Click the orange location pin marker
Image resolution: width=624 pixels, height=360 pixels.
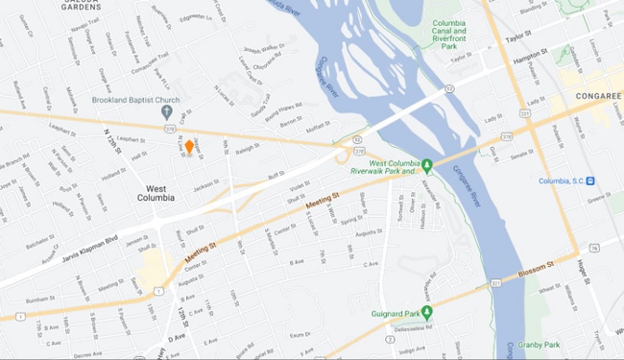pyautogui.click(x=190, y=147)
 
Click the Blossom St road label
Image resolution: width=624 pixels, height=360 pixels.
pyautogui.click(x=539, y=266)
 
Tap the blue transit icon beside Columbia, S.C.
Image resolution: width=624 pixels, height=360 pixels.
pyautogui.click(x=590, y=180)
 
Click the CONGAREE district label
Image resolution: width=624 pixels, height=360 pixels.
pyautogui.click(x=599, y=97)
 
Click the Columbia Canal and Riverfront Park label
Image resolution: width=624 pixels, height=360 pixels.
pyautogui.click(x=454, y=33)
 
